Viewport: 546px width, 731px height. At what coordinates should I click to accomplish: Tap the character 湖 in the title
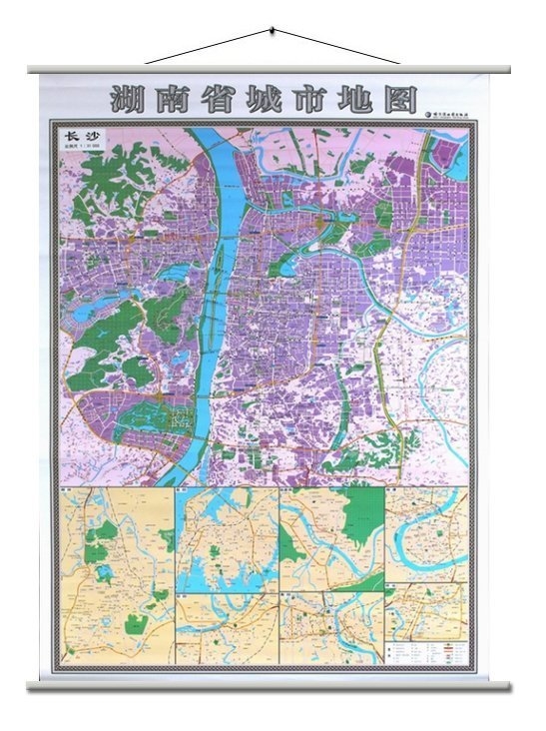click(x=126, y=101)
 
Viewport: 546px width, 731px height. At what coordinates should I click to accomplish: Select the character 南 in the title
click(x=171, y=101)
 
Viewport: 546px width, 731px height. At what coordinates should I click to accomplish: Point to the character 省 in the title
click(x=215, y=101)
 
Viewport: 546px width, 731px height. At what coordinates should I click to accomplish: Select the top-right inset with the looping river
click(x=426, y=535)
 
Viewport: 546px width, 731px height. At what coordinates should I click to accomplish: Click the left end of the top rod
click(x=32, y=69)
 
